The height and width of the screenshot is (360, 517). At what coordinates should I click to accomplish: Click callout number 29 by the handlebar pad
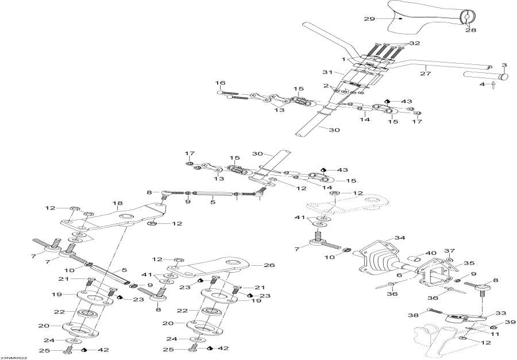point(369,19)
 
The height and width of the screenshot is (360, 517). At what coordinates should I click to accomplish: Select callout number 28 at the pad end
point(471,30)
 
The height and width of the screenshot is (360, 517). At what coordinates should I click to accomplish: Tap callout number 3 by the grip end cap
point(504,65)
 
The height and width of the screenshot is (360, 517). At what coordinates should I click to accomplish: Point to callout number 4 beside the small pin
point(483,86)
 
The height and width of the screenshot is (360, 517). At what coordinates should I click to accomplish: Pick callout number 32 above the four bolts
point(415,44)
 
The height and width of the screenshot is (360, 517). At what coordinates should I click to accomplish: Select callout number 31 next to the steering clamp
point(328,72)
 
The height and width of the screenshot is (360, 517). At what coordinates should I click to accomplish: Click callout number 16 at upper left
point(221,83)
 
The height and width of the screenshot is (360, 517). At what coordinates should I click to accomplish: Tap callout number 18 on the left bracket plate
point(118,203)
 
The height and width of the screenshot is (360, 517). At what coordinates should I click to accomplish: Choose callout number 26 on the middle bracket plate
point(253,265)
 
